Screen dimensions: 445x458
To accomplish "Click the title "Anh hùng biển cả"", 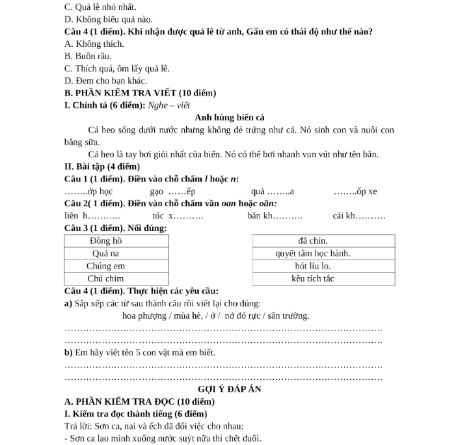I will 229,118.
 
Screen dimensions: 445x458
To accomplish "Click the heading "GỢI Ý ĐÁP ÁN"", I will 229,389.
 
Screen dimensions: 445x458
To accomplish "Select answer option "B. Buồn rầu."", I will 88,57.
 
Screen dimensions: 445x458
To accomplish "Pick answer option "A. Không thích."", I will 94,44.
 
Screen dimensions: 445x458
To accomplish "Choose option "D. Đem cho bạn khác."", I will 106,81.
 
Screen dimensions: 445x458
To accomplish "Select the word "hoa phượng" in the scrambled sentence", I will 143,316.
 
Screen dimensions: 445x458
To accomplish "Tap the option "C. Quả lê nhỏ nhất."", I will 101,8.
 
